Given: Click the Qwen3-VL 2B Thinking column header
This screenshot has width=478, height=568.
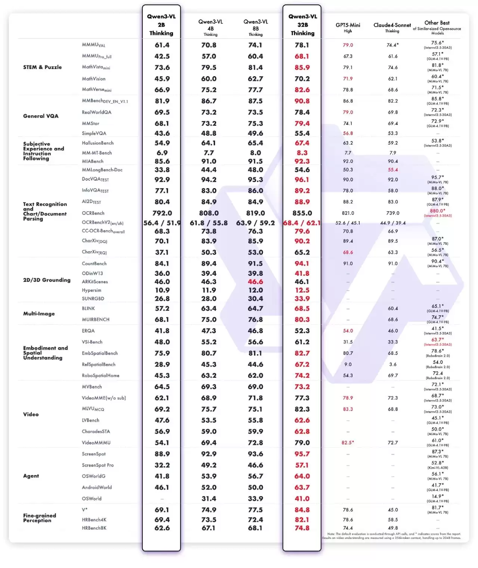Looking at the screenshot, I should pos(161,25).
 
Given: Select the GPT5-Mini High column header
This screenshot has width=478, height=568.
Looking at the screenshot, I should pos(348,28).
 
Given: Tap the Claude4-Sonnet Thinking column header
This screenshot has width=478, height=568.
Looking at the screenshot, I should pos(392,28).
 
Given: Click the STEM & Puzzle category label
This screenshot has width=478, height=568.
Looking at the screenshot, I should pos(43,67).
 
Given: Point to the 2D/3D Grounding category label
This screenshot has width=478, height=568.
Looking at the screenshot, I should pos(47,280).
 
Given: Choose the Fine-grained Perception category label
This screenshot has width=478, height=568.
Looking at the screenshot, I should pos(40,518).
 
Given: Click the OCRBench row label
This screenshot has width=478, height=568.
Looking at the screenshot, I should pos(93,213).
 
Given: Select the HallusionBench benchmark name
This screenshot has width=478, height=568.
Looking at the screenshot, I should pos(98,143).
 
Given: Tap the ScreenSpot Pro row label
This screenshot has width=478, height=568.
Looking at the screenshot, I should pos(98,465).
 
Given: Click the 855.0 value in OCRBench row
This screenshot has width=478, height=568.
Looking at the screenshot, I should pos(302,213).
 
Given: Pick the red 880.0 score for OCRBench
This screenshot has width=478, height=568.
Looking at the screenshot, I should pos(437,211).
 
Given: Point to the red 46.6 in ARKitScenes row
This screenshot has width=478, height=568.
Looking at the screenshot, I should pos(255,282).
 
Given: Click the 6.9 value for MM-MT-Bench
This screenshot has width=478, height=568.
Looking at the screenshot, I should pos(162,153).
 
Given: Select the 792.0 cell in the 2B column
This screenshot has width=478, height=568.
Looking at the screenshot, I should pos(162,213).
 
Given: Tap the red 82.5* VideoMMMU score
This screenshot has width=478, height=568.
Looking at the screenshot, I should pos(348,443).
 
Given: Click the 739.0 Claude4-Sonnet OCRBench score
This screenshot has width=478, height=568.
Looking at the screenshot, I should pos(392,213).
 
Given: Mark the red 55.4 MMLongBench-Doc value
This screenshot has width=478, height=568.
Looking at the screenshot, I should pos(392,170).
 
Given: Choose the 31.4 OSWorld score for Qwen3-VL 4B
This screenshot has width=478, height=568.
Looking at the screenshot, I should pos(209,499).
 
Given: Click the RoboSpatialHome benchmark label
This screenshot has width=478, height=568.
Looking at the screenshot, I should pos(100,375).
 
